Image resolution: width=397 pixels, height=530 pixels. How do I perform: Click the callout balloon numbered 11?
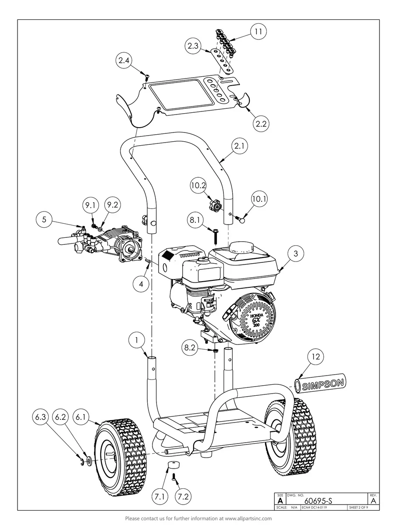click(x=258, y=32)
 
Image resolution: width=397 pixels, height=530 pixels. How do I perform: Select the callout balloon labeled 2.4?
click(x=124, y=61)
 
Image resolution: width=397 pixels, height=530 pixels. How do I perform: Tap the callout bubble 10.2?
click(x=198, y=186)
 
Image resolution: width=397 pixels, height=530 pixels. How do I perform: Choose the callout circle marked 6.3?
click(x=40, y=416)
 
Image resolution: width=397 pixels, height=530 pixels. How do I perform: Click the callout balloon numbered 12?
click(x=315, y=357)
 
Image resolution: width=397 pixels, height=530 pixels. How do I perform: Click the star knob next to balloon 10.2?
click(x=216, y=204)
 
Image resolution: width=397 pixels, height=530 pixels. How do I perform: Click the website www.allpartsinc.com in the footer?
click(x=248, y=518)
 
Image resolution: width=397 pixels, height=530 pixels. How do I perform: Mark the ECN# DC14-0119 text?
click(x=315, y=507)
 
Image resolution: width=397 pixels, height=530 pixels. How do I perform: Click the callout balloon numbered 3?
click(x=296, y=254)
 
